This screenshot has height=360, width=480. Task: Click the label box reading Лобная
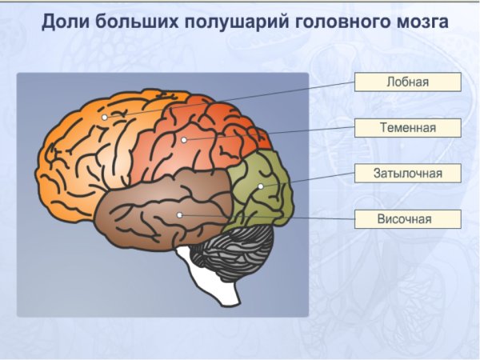408,82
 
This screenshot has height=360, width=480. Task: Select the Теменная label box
408,127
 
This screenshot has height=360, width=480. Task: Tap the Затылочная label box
408,173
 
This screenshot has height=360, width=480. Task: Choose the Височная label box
408,218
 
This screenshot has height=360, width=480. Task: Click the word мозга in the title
415,22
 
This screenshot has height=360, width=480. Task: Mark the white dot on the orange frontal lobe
104,118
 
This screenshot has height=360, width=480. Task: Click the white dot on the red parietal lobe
184,140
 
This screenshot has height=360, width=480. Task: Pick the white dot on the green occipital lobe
260,186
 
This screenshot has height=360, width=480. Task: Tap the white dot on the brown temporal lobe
179,214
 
